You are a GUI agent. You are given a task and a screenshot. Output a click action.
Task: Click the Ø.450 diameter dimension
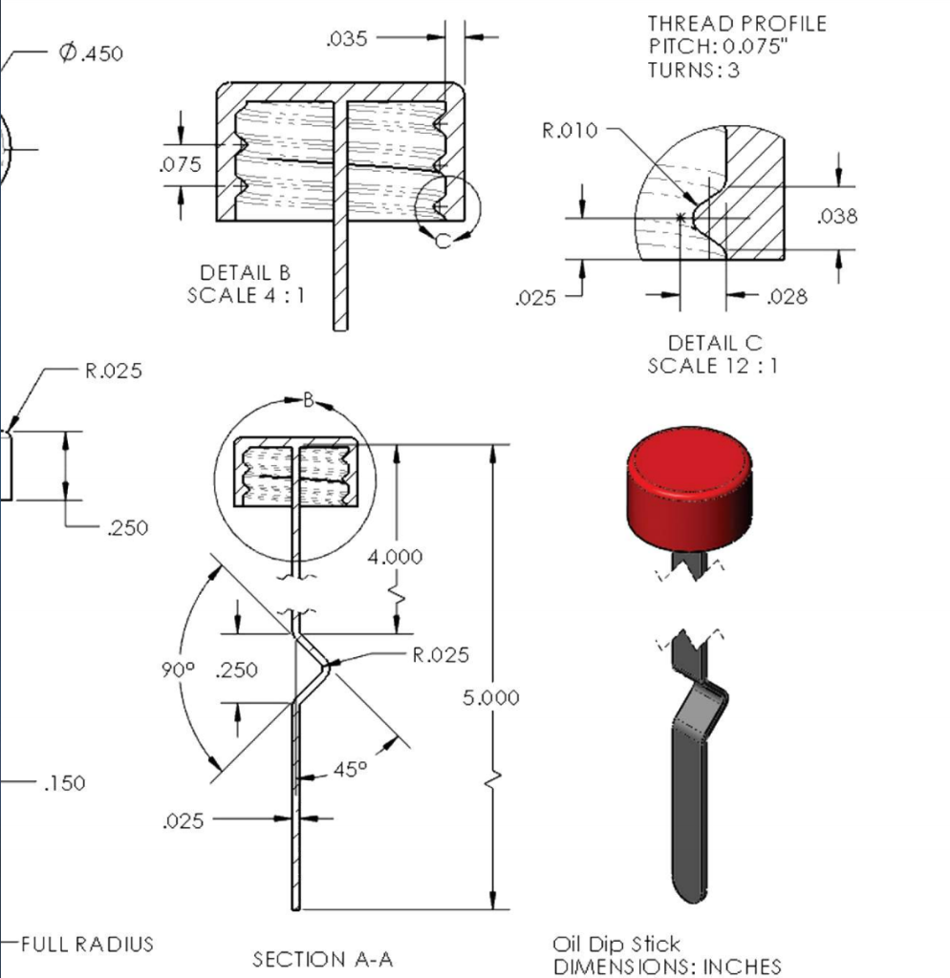coord(90,53)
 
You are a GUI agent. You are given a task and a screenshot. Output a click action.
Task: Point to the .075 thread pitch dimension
coord(180,164)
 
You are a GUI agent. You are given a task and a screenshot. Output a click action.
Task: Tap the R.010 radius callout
coord(570,131)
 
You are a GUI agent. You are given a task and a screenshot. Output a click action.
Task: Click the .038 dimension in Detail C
coord(837,217)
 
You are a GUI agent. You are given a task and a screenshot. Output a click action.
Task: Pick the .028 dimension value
coord(788,297)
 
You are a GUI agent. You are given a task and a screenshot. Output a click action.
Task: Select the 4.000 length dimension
coord(395,556)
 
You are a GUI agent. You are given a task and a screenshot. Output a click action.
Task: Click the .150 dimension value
coord(64,783)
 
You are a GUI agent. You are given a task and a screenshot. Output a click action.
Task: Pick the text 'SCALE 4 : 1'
coord(246,295)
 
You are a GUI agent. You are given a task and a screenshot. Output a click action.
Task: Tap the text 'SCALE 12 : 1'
coord(712,365)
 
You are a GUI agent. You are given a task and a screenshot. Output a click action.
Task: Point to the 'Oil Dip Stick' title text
coord(616,945)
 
